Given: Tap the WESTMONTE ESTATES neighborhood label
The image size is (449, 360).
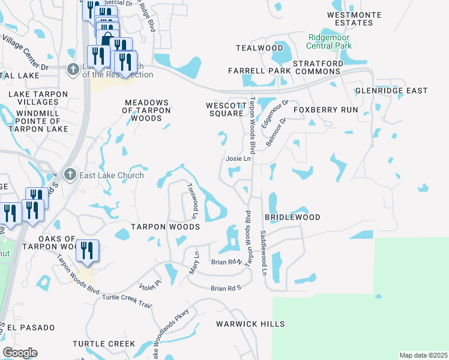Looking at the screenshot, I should (350, 18).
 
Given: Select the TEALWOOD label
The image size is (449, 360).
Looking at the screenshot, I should (259, 48).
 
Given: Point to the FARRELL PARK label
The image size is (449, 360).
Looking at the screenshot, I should (259, 71).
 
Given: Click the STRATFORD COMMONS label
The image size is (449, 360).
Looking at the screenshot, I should (318, 67).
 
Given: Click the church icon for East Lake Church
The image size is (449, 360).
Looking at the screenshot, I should (70, 175).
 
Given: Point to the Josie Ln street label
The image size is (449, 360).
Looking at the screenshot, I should (237, 159).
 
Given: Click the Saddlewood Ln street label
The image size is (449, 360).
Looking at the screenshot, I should (263, 253).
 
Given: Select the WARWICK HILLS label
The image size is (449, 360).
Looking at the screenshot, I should (250, 324).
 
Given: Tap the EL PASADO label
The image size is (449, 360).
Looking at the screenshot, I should (30, 328).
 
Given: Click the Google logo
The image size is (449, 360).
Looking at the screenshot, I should (20, 353).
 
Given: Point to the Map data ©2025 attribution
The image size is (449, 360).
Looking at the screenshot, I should (423, 355).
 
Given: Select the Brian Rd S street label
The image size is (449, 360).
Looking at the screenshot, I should (225, 289).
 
